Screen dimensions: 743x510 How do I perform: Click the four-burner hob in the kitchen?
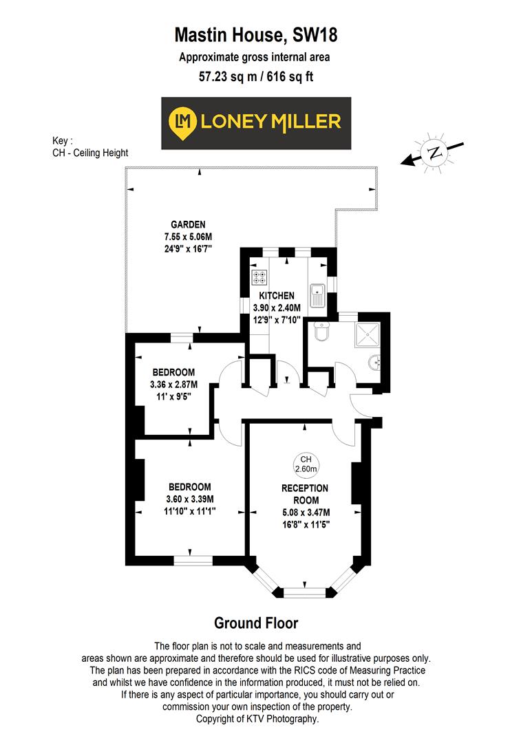[260, 278]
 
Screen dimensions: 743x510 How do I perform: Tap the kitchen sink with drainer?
[317, 294]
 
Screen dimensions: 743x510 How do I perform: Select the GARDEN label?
[188, 224]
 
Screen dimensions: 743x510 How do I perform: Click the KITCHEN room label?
[277, 296]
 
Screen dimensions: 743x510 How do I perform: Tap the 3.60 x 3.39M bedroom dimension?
[190, 499]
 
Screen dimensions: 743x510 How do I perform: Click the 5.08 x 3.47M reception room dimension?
[305, 512]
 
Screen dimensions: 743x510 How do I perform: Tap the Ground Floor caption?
[256, 623]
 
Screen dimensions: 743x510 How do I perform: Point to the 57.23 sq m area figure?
[223, 77]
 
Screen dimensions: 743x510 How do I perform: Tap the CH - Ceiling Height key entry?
[90, 153]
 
